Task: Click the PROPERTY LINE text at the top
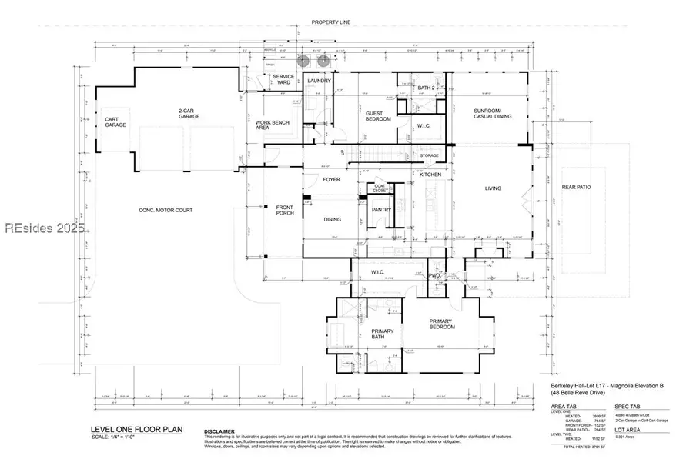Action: (331, 23)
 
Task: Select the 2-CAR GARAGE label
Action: (189, 114)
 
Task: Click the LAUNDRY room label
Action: (319, 80)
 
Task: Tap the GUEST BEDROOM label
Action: (377, 116)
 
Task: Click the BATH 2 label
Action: (427, 88)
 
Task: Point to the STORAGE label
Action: (429, 155)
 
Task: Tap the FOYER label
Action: (331, 180)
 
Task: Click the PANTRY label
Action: (381, 209)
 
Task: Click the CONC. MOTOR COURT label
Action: (166, 210)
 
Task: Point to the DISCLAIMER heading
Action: (220, 431)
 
